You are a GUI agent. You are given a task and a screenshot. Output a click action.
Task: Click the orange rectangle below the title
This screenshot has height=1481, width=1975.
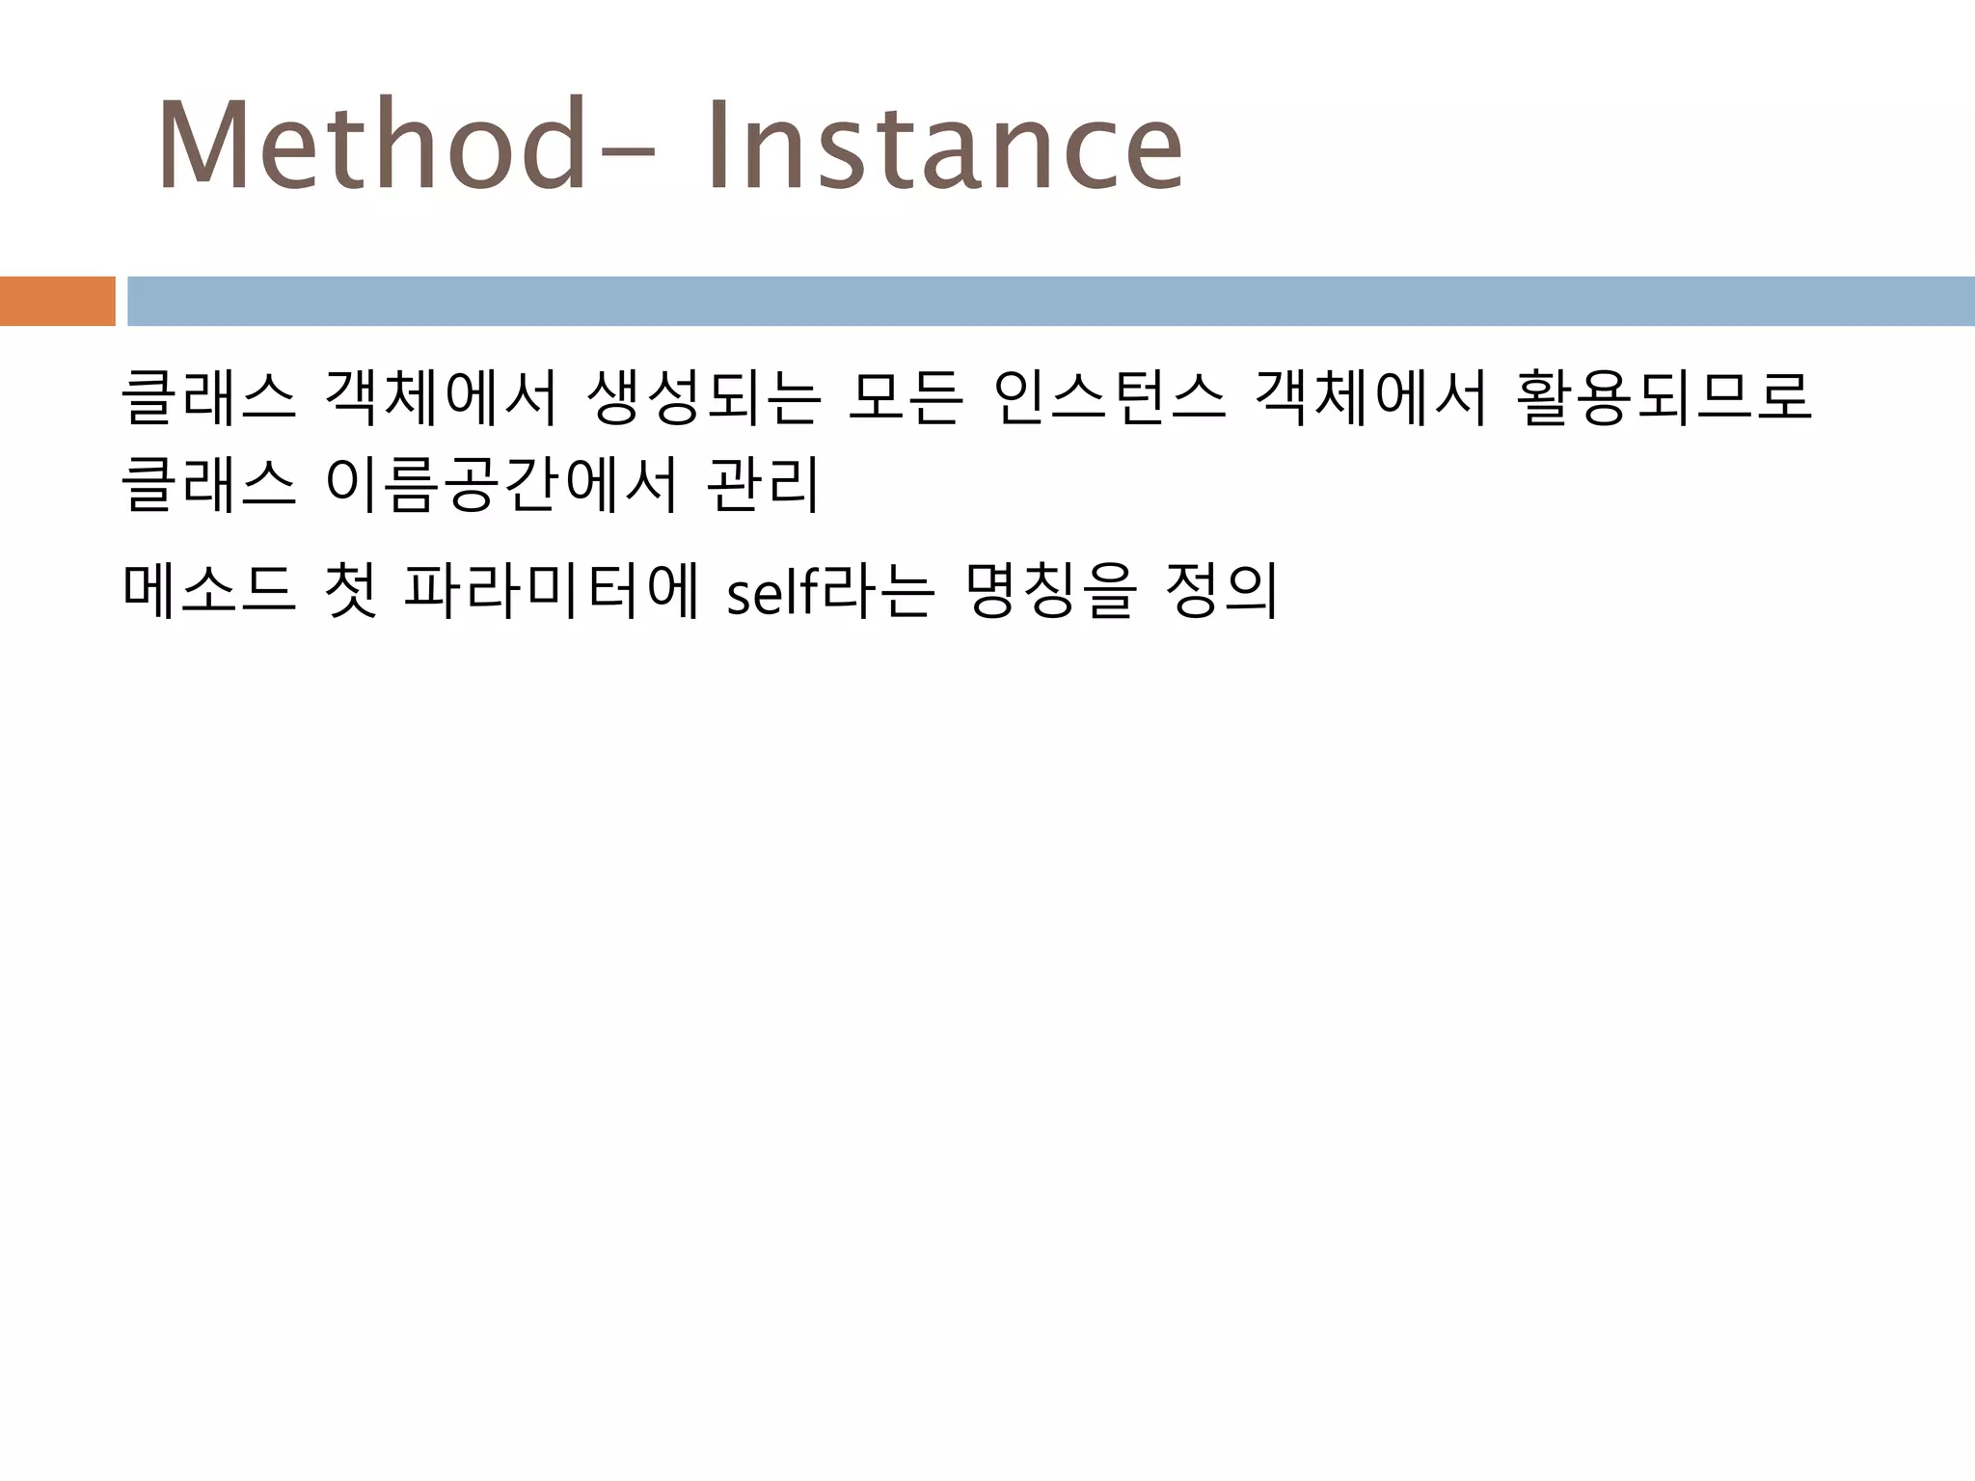click(57, 301)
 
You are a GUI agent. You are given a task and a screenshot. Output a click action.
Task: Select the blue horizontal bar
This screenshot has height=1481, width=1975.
click(1050, 301)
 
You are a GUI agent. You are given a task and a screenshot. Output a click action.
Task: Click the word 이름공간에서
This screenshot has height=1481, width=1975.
click(501, 484)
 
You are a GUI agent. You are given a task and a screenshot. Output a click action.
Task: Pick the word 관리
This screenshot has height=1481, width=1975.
click(763, 484)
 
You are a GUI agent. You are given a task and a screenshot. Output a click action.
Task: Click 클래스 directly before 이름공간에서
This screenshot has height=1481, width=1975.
click(208, 484)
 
